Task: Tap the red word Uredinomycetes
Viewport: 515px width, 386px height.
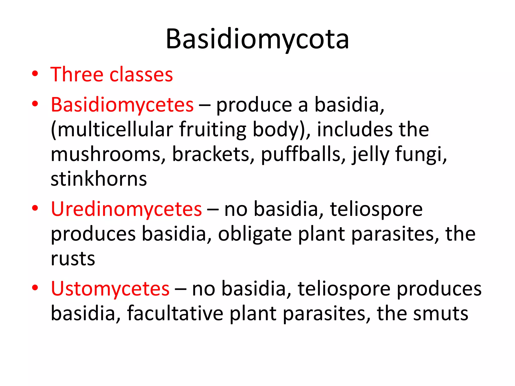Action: (x=126, y=209)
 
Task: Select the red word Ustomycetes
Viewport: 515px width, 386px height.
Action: (x=110, y=289)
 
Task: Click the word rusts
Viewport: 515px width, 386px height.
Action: (x=73, y=259)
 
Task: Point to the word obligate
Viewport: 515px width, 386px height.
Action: (x=255, y=234)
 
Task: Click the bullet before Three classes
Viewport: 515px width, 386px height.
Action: (x=35, y=74)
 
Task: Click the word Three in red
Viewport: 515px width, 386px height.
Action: (x=77, y=75)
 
